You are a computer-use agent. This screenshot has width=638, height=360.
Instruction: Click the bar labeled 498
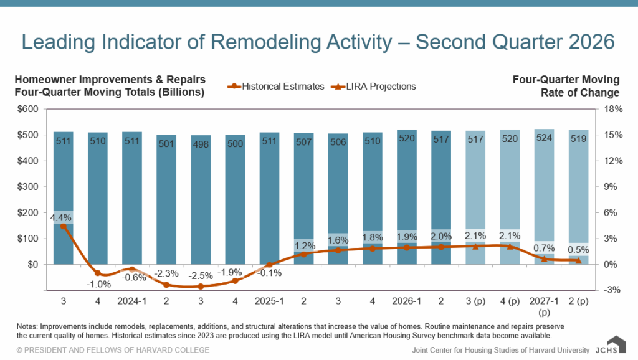pyautogui.click(x=201, y=200)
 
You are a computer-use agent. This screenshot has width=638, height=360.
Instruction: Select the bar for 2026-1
pyautogui.click(x=407, y=197)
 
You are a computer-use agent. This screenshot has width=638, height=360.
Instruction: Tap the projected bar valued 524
pyautogui.click(x=544, y=197)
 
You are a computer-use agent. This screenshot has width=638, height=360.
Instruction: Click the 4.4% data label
pyautogui.click(x=60, y=217)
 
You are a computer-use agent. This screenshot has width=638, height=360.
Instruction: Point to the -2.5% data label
pyautogui.click(x=201, y=276)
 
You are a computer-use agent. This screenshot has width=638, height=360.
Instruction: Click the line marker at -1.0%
pyautogui.click(x=98, y=273)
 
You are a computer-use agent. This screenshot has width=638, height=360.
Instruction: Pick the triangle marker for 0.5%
pyautogui.click(x=578, y=260)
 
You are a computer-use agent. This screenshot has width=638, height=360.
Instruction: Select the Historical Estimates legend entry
pyautogui.click(x=276, y=86)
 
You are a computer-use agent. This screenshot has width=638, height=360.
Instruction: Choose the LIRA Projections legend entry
pyautogui.click(x=374, y=86)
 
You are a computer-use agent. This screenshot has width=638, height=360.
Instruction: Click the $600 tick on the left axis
pyautogui.click(x=27, y=109)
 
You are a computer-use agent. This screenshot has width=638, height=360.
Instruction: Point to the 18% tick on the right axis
pyautogui.click(x=613, y=109)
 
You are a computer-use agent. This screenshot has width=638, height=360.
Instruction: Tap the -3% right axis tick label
pyautogui.click(x=612, y=290)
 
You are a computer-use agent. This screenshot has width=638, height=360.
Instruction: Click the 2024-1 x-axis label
pyautogui.click(x=132, y=301)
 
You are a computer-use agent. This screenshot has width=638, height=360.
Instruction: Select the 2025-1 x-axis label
pyautogui.click(x=269, y=301)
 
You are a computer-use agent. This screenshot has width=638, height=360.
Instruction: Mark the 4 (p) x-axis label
pyautogui.click(x=510, y=301)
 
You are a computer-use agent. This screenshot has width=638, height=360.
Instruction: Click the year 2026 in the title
pyautogui.click(x=592, y=42)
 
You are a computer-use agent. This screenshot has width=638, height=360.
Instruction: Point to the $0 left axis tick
pyautogui.click(x=32, y=265)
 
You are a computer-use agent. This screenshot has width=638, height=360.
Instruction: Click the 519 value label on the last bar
pyautogui.click(x=578, y=139)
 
